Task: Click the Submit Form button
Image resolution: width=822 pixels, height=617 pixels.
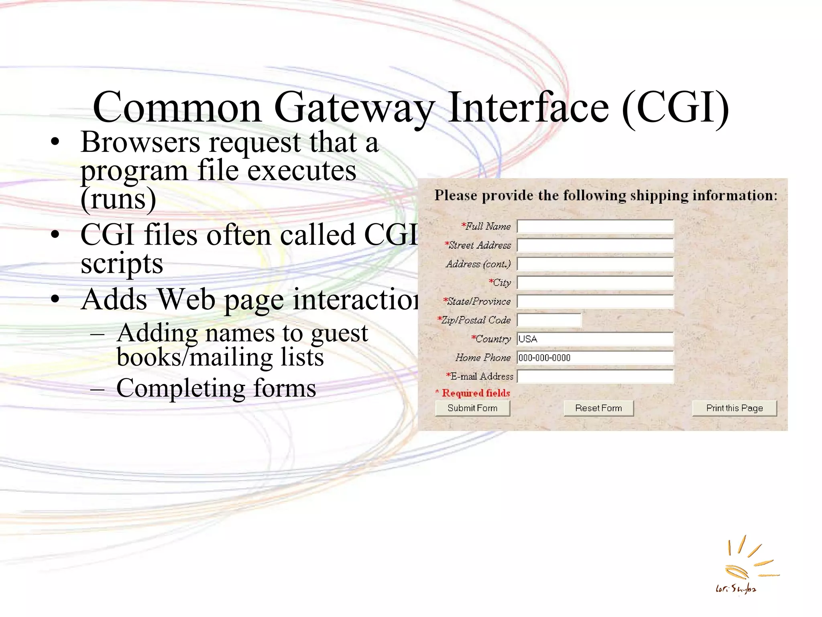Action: pyautogui.click(x=472, y=408)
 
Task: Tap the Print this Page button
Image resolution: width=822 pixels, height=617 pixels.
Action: pyautogui.click(x=734, y=408)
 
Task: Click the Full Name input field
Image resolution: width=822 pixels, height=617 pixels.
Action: pyautogui.click(x=595, y=227)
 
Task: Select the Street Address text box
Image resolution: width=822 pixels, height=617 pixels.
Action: pyautogui.click(x=595, y=245)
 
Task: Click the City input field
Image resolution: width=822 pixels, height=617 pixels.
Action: pyautogui.click(x=595, y=283)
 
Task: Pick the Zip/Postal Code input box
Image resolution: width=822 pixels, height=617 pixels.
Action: pyautogui.click(x=549, y=320)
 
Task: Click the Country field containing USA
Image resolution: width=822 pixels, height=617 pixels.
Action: pyautogui.click(x=595, y=339)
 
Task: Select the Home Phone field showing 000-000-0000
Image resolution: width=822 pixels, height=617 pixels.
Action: pyautogui.click(x=595, y=358)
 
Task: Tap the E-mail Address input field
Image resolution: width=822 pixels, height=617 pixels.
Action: pyautogui.click(x=595, y=376)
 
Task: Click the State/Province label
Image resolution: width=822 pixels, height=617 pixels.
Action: pyautogui.click(x=477, y=302)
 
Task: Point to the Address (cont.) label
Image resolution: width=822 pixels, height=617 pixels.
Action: pyautogui.click(x=478, y=264)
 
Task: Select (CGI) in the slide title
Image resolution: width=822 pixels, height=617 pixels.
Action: pyautogui.click(x=675, y=108)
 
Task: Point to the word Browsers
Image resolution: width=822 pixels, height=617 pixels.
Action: pyautogui.click(x=140, y=142)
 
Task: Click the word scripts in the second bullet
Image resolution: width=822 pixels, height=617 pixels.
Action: pyautogui.click(x=122, y=264)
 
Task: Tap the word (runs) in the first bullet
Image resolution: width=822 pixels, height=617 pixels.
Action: pyautogui.click(x=118, y=199)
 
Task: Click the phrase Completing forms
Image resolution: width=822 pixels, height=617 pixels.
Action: pyautogui.click(x=216, y=388)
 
